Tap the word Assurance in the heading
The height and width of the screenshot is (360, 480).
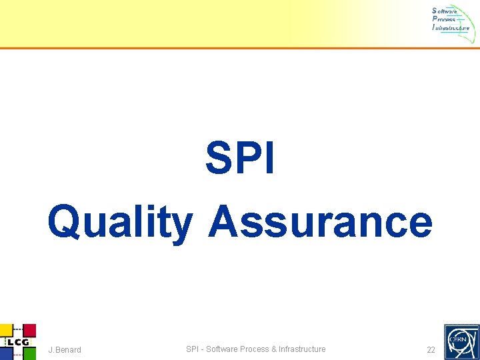point(320,221)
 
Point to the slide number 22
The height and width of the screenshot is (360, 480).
point(431,350)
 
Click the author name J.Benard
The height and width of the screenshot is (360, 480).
point(65,350)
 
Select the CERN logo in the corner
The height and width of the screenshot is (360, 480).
point(461,341)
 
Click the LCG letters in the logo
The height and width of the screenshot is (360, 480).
point(18,343)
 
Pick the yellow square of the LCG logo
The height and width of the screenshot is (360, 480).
point(6,330)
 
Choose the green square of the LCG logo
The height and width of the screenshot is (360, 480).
point(29,353)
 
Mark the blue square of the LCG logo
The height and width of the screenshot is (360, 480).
point(6,354)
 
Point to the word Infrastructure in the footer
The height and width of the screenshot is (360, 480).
point(302,349)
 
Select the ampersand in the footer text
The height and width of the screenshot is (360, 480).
point(274,349)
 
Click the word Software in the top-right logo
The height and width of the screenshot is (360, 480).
point(445,11)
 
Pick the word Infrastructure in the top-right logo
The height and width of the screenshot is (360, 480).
point(451,28)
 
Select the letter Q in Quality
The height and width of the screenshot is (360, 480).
point(65,222)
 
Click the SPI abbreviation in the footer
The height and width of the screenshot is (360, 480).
point(192,349)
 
